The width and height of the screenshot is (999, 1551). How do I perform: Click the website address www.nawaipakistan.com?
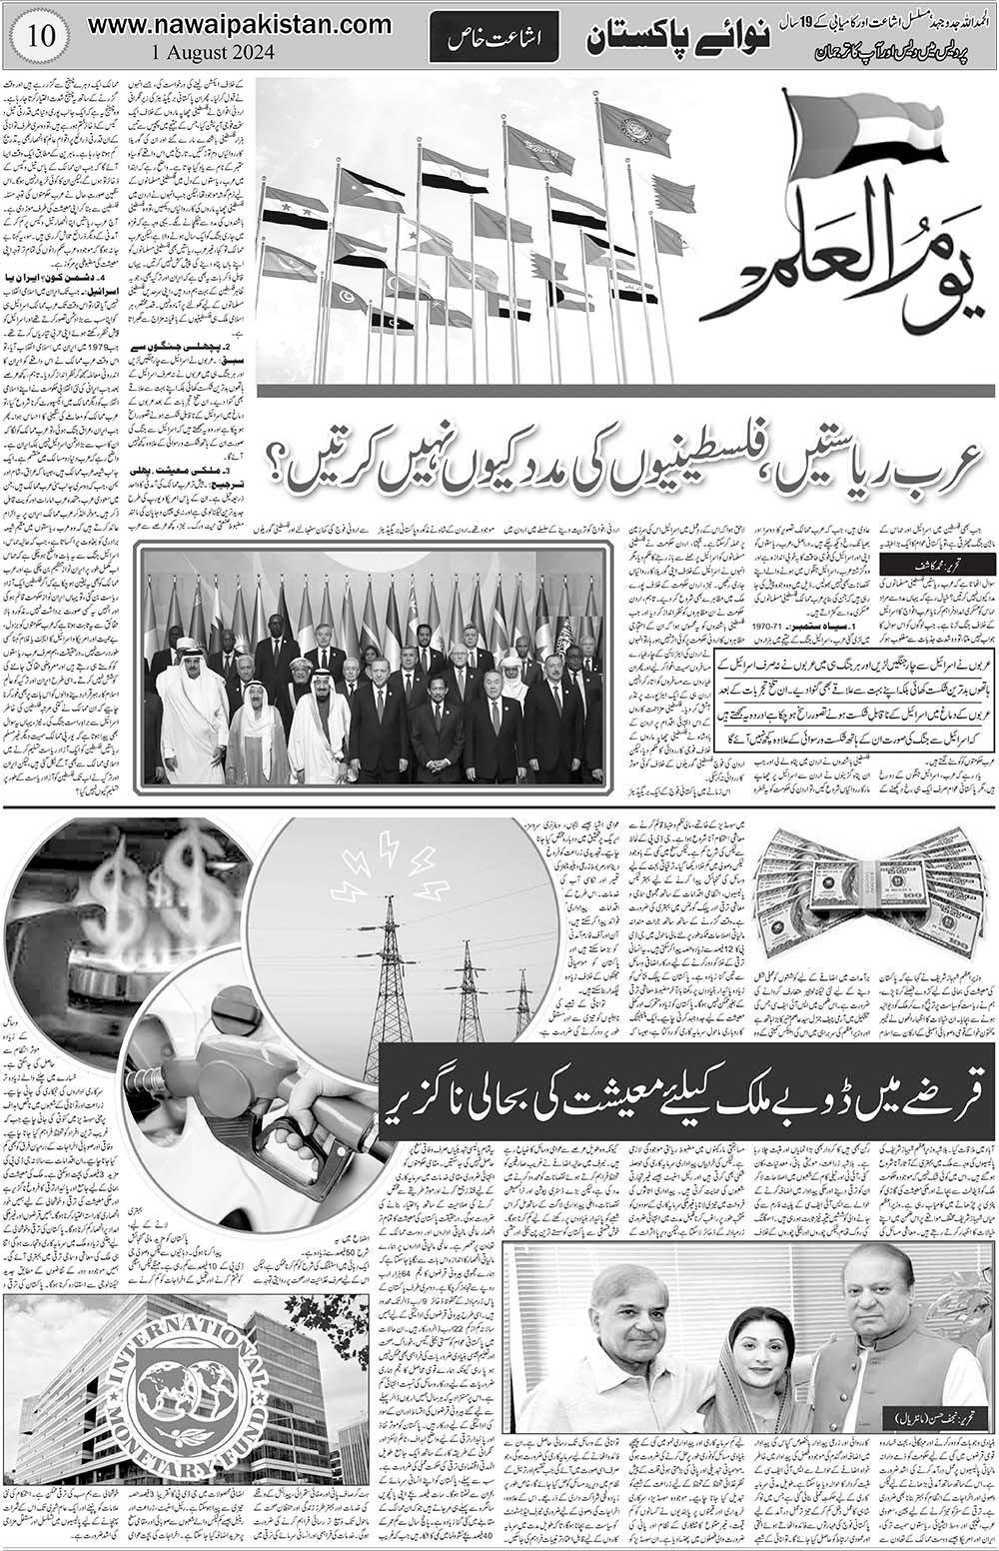[x=240, y=23]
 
